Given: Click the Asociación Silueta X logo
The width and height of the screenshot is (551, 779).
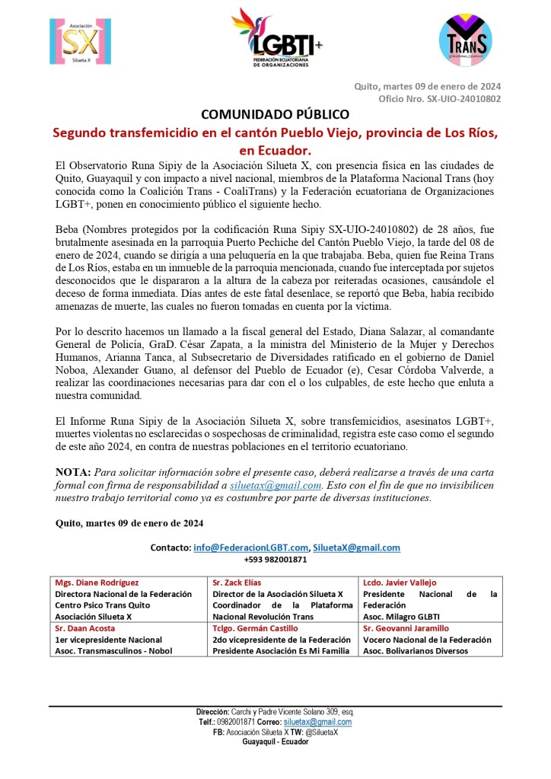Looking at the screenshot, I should coord(74,42).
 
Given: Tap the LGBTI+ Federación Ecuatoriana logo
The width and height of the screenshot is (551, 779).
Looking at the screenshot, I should coord(276,38).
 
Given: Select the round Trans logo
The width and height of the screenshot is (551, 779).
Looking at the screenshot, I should coord(465,40).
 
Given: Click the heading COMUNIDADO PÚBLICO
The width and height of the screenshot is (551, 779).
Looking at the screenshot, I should coord(275,114).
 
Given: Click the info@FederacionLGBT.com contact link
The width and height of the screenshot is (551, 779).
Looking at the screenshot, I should coord(251,547).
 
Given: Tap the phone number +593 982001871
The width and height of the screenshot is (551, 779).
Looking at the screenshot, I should coord(275,559).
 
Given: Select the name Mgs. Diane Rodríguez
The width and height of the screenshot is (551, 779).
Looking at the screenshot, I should coord(97,583).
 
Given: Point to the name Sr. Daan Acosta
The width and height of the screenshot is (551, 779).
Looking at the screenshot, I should coord(85,628).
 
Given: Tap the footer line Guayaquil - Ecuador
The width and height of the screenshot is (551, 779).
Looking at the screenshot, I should coord(275,742).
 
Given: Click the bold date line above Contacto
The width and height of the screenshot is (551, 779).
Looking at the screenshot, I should coord(129,523).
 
